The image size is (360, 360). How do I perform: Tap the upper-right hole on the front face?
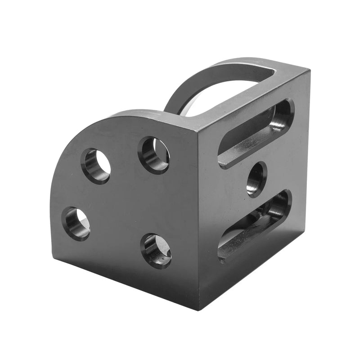154,155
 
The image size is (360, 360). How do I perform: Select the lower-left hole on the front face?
76,223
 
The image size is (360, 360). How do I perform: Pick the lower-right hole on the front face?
156,251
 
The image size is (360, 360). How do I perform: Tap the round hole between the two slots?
256,179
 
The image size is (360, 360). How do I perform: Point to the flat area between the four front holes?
124,202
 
